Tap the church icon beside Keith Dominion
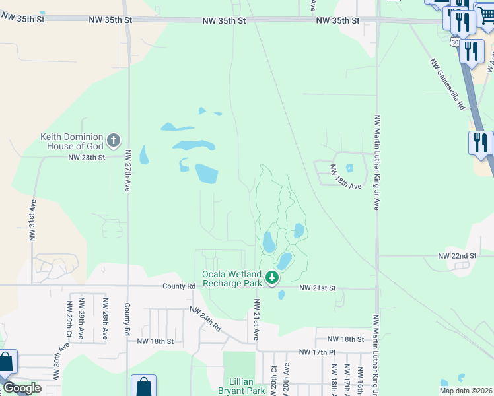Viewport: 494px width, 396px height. pyautogui.click(x=114, y=140)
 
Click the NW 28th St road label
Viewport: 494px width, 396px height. pyautogui.click(x=87, y=158)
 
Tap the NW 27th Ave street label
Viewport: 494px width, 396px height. pyautogui.click(x=127, y=170)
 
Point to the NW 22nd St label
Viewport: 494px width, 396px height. pyautogui.click(x=457, y=256)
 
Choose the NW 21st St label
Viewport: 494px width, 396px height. pyautogui.click(x=318, y=288)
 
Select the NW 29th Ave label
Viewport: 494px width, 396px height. pyautogui.click(x=68, y=318)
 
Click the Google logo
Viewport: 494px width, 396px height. pyautogui.click(x=22, y=388)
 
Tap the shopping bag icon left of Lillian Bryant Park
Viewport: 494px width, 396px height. pyautogui.click(x=143, y=386)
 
